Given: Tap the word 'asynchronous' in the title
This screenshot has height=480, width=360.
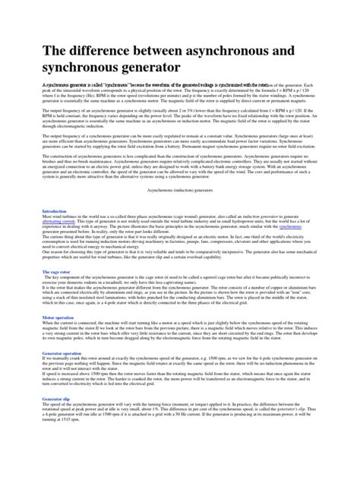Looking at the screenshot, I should (x=229, y=52).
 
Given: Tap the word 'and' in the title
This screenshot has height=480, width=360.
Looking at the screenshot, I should (x=294, y=52).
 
